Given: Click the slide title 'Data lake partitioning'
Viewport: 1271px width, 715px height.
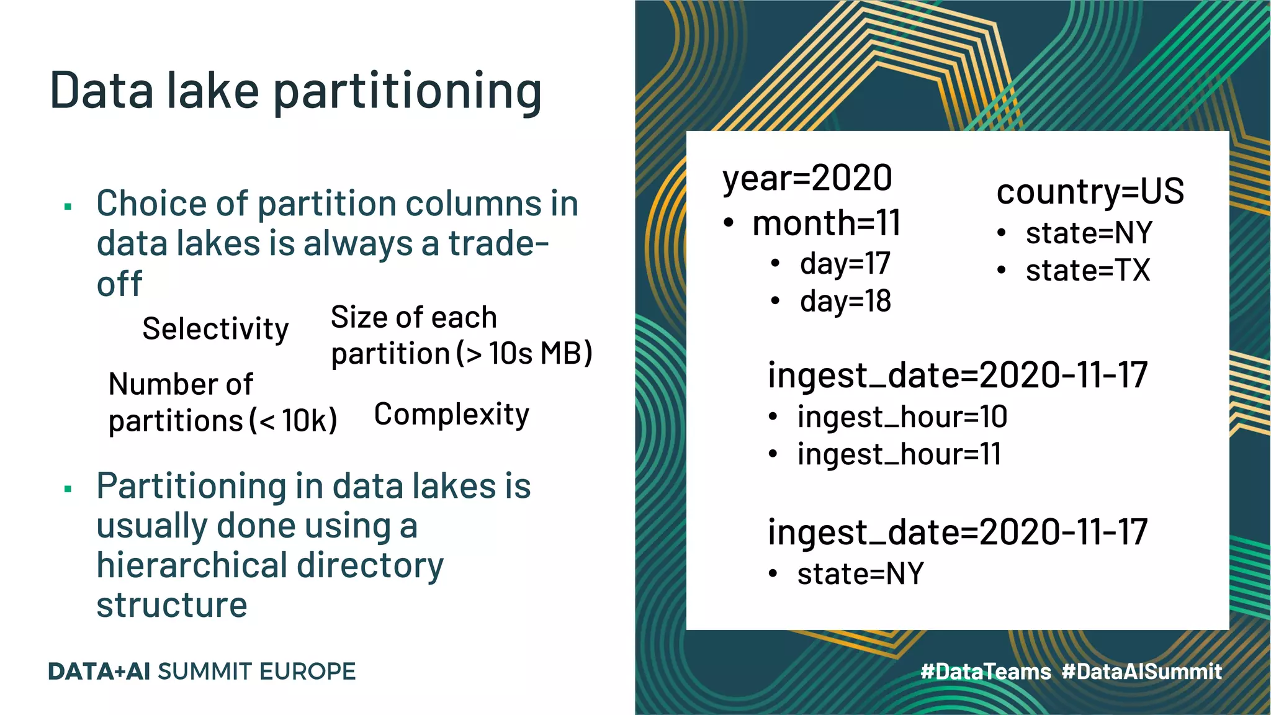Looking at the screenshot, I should tap(295, 91).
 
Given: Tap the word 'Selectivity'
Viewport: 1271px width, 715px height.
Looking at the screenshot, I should tap(215, 329).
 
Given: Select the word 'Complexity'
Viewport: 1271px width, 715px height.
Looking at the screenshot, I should tap(451, 415).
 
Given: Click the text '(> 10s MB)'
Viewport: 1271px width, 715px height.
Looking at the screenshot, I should tap(524, 354).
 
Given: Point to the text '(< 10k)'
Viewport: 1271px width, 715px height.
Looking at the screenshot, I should tap(294, 421).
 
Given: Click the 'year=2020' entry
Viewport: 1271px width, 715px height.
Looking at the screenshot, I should tap(807, 178).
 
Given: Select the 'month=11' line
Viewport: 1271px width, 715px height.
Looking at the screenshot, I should tap(826, 223).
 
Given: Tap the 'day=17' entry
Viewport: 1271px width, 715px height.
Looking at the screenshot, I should tap(845, 264).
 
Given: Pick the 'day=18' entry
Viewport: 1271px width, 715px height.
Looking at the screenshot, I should tap(845, 302).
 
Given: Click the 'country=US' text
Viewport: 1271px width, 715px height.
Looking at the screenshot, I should tap(1090, 191).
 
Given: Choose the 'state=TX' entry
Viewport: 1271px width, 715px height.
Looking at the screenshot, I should tap(1087, 271).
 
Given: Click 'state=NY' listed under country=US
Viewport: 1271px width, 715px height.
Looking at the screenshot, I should tap(1089, 233).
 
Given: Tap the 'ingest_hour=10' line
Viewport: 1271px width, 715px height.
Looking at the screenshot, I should tap(902, 416).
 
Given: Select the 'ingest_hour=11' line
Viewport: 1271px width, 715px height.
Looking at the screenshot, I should tap(899, 454).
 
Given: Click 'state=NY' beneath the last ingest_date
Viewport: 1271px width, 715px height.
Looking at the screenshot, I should tap(860, 573).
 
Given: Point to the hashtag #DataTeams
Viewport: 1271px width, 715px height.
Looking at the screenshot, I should tap(986, 672).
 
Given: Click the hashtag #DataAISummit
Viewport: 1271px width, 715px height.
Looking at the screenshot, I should tap(1141, 672).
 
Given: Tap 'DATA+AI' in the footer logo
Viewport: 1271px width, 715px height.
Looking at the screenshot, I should tap(99, 672).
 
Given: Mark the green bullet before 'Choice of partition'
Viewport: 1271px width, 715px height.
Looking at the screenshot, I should tap(68, 206).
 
